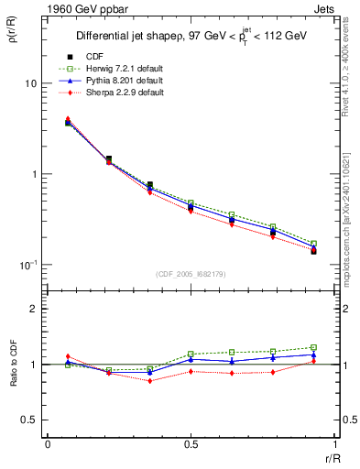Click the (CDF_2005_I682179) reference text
191,274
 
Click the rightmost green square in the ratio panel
313,347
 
